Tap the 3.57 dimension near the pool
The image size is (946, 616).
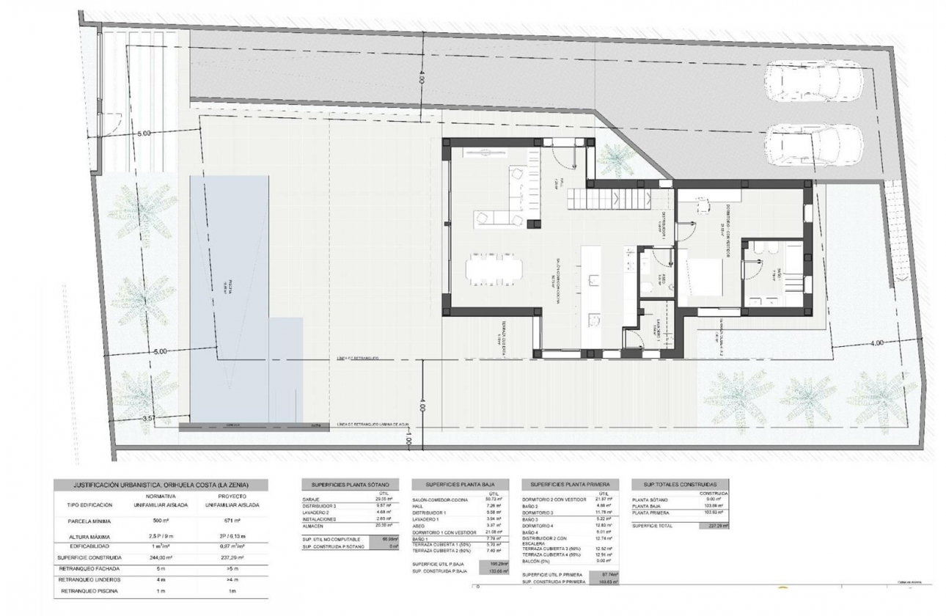148,419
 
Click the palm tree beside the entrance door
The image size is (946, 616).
615,158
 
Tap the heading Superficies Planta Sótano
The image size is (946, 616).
351,485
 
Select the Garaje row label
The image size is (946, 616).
312,499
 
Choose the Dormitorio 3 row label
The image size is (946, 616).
542,513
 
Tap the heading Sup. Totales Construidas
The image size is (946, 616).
680,485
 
